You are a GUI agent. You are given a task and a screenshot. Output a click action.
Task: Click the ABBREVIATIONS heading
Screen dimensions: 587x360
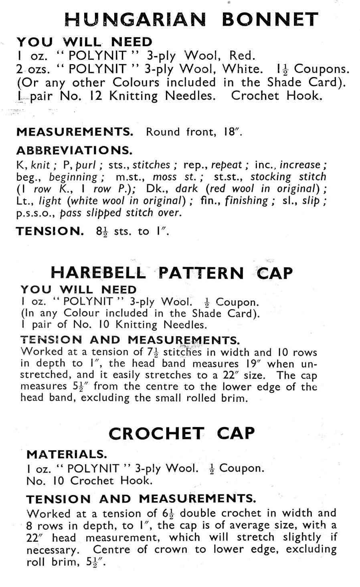tap(74, 150)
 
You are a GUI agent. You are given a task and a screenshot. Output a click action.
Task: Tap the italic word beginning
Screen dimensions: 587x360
tap(73, 177)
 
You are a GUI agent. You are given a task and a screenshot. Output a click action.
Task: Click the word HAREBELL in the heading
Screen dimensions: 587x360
tap(99, 273)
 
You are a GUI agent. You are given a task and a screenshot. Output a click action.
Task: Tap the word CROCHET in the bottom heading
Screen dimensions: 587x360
tap(156, 433)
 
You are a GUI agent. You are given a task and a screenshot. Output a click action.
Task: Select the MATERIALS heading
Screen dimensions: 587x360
tap(67, 454)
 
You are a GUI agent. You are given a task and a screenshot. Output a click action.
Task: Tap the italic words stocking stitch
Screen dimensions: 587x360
tap(288, 177)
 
